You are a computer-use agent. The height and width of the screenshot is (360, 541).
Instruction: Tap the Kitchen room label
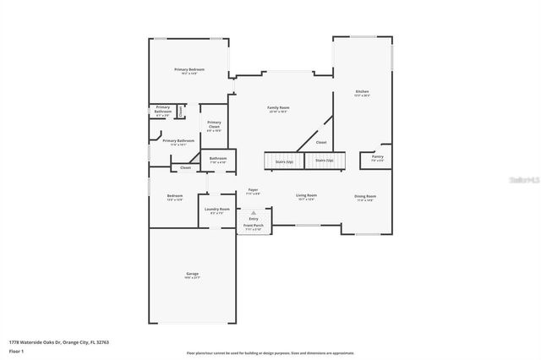[x=362, y=92]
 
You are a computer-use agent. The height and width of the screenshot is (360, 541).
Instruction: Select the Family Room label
[x=279, y=109]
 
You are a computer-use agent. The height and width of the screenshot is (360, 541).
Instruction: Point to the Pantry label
[x=377, y=157]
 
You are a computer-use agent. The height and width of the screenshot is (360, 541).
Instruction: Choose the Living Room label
[x=306, y=196]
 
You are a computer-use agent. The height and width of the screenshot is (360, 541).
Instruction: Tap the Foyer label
[x=253, y=191]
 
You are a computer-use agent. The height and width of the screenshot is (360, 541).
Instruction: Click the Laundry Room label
[x=218, y=210]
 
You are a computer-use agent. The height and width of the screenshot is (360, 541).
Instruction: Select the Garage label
[x=193, y=275]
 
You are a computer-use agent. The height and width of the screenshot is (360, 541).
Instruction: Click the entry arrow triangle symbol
[x=253, y=213]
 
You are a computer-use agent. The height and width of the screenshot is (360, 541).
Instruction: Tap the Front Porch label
[x=253, y=226]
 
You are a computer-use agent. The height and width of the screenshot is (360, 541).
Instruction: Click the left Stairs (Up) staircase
[x=283, y=160]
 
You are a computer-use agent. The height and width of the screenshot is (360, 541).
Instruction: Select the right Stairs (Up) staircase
[x=325, y=160]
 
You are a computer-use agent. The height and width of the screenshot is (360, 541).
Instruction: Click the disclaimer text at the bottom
[x=270, y=353]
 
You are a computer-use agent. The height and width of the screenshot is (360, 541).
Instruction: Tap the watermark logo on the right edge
[x=527, y=179]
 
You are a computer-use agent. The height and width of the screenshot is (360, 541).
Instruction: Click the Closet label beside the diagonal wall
[x=321, y=143]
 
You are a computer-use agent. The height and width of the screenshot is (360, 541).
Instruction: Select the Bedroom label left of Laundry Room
[x=175, y=198]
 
